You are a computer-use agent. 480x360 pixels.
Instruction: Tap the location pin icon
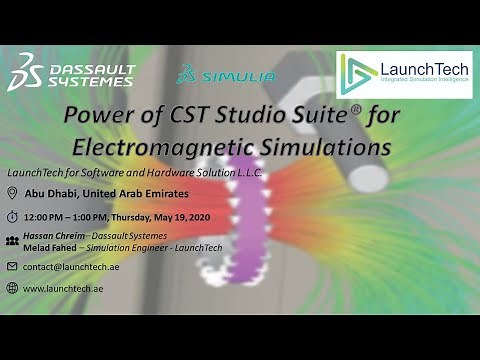coord(11,194)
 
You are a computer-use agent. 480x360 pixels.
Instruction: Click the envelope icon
coord(11,266)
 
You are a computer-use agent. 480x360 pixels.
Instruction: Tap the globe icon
coord(11,288)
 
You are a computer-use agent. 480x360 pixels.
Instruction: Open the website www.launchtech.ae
coord(62,288)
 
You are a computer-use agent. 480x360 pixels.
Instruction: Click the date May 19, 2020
coord(195,217)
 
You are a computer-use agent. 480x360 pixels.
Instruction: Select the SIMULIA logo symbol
coord(185,75)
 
